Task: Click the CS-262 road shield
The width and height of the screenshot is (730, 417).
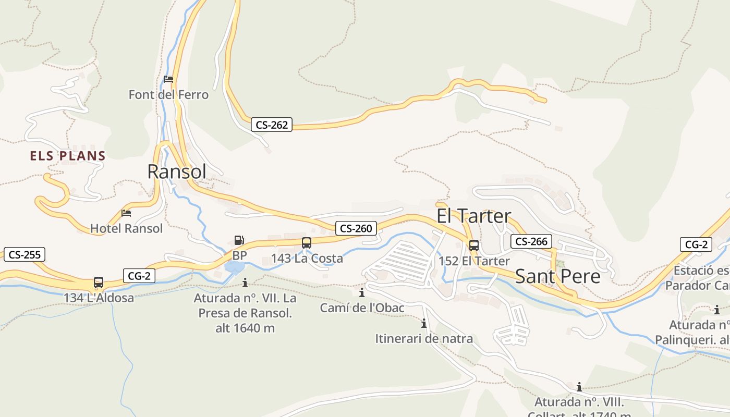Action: (272, 125)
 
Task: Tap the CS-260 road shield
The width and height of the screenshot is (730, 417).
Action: (356, 228)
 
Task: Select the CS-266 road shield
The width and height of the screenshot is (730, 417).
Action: (531, 241)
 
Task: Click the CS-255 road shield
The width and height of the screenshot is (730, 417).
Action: (25, 255)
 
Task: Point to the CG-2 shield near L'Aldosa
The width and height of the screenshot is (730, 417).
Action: (139, 276)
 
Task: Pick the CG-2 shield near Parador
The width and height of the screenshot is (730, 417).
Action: (696, 244)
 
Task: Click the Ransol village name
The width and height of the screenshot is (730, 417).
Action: (177, 171)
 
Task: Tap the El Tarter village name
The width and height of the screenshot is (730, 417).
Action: (473, 216)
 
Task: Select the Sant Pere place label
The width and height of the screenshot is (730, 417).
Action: (557, 277)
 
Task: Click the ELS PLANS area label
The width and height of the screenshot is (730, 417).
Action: (68, 156)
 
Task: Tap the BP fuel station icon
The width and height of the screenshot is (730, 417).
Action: (239, 241)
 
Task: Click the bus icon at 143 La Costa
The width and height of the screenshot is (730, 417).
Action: (307, 243)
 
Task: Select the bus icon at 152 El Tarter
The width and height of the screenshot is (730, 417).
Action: (473, 246)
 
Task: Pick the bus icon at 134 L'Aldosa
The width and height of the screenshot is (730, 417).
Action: (99, 283)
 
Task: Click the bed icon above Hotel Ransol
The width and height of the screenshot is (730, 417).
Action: (126, 213)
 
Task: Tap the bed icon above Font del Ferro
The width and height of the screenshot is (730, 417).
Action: (168, 80)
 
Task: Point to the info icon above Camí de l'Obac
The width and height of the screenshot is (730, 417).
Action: (362, 293)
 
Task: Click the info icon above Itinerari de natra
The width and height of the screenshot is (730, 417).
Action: (424, 324)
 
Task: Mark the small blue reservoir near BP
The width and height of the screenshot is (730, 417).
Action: (234, 268)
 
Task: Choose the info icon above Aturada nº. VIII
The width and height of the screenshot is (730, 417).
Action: (579, 387)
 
